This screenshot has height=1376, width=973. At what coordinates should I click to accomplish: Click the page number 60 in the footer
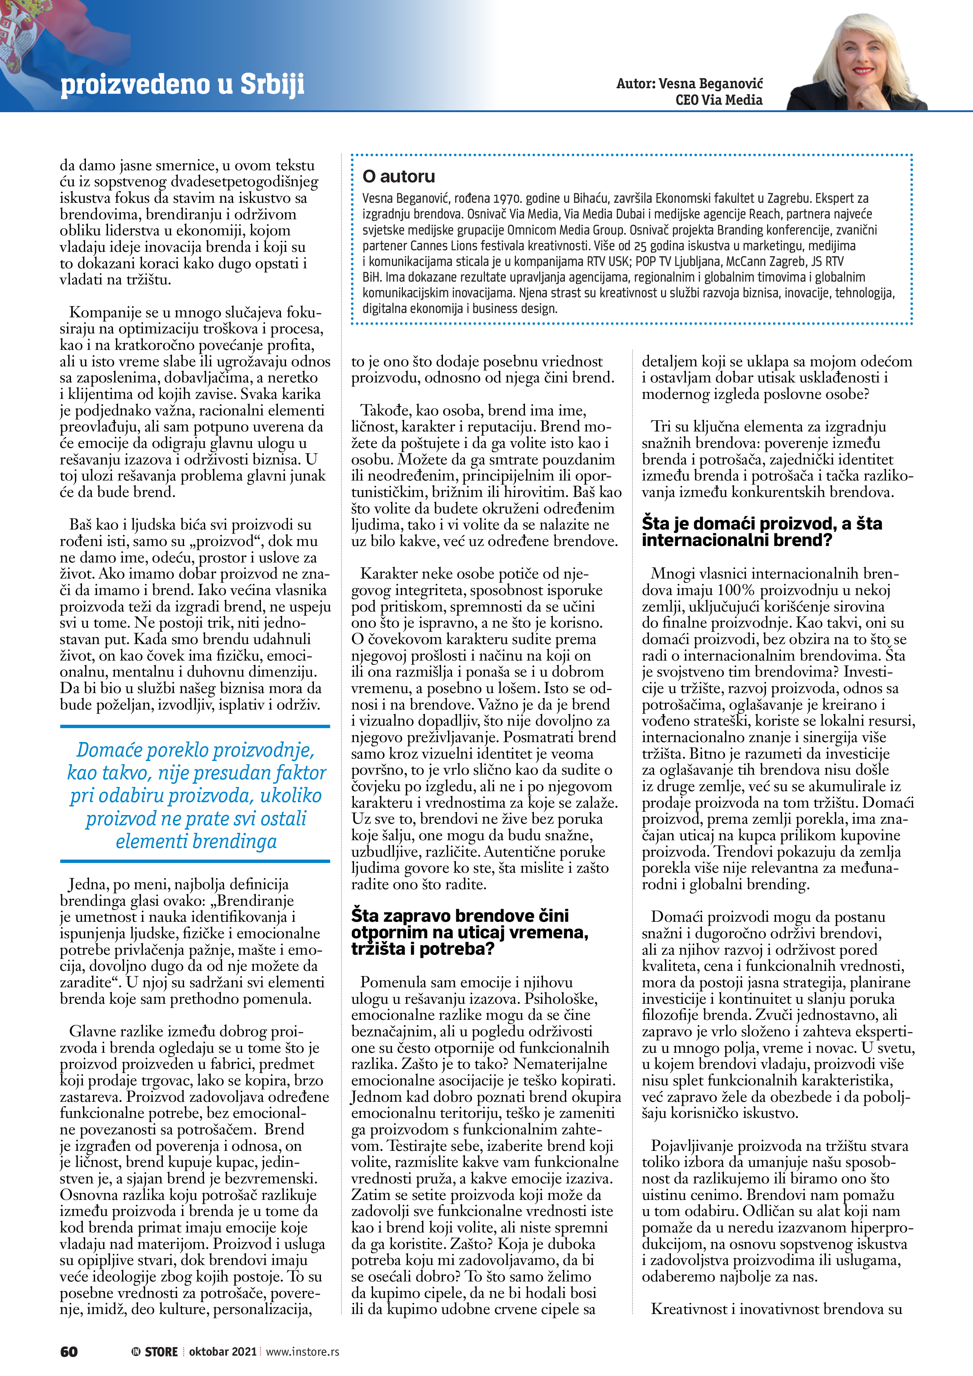pyautogui.click(x=69, y=1351)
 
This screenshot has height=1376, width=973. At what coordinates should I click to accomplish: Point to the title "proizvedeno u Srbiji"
pyautogui.click(x=182, y=84)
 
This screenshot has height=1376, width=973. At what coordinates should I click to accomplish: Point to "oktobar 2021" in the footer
pyautogui.click(x=222, y=1351)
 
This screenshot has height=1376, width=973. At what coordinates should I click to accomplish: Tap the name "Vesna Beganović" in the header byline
pyautogui.click(x=711, y=84)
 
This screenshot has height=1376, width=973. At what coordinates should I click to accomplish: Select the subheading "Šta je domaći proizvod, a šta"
pyautogui.click(x=762, y=524)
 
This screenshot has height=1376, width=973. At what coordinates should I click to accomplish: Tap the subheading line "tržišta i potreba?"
pyautogui.click(x=423, y=949)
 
